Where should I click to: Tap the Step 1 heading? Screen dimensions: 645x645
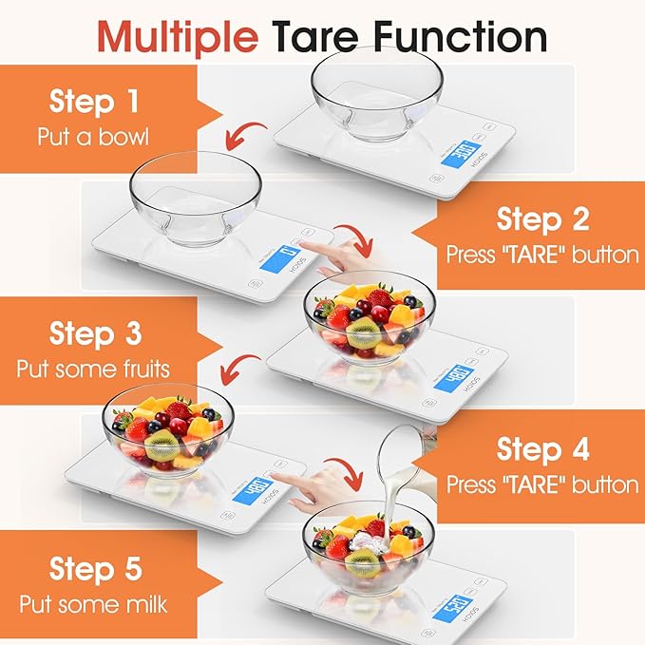click(93, 102)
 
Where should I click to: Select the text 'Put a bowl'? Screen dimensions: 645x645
click(93, 136)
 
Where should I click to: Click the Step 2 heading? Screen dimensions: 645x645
click(542, 218)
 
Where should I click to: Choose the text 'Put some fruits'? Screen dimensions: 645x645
click(93, 369)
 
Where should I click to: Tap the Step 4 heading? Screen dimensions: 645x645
click(542, 448)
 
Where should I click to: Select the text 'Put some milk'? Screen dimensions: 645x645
click(93, 603)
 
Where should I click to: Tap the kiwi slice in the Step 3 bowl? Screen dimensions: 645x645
click(363, 332)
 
